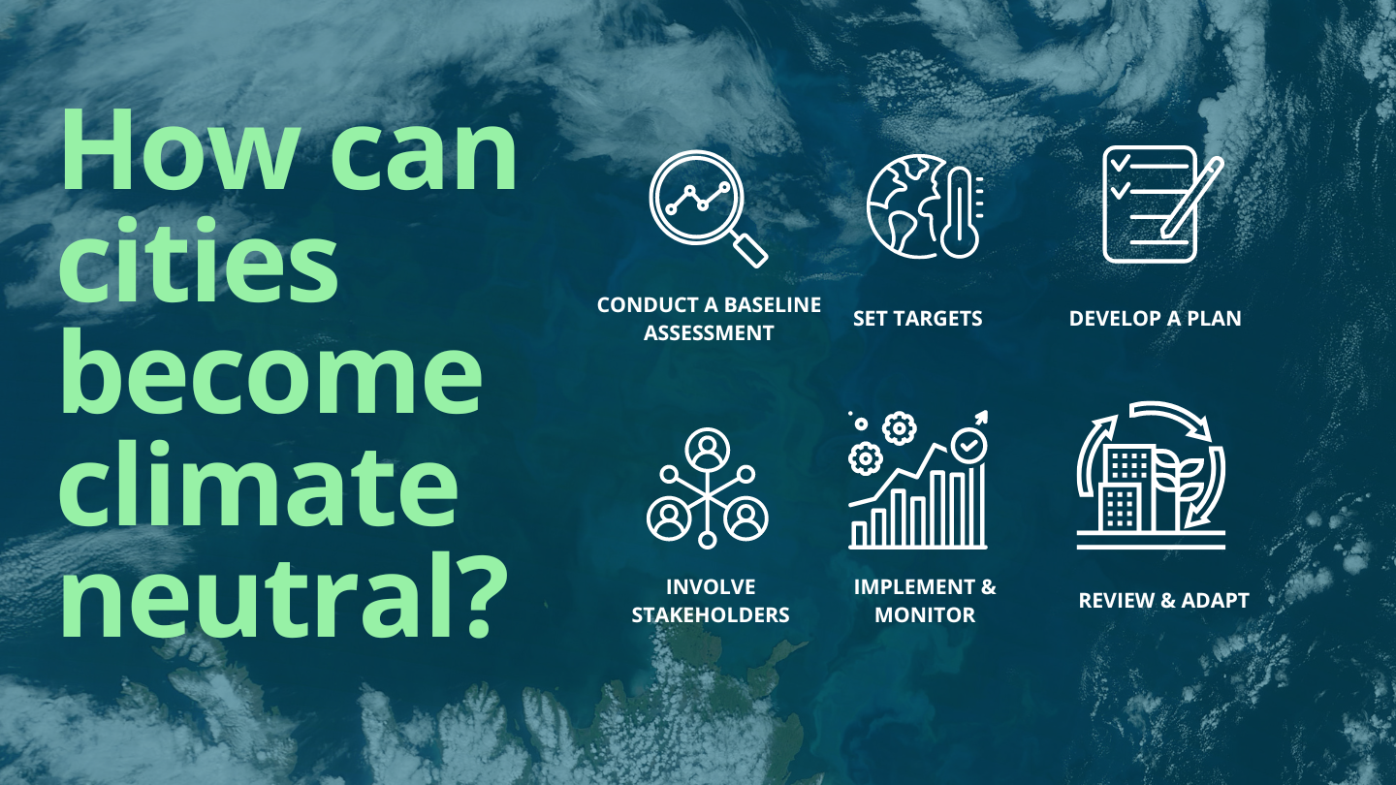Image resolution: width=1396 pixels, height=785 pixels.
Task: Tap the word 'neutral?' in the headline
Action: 284,593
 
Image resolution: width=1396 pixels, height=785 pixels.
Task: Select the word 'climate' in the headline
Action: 258,483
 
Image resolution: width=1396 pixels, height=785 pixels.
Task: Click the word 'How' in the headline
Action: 177,149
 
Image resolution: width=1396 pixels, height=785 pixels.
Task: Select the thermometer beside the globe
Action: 961,212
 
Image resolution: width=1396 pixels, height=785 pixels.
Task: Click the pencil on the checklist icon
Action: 1191,197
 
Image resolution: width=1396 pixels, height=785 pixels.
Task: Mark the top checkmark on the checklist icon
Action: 1120,163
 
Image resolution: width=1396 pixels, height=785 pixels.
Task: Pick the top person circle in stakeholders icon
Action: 708,449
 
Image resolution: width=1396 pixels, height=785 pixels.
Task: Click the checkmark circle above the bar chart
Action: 968,446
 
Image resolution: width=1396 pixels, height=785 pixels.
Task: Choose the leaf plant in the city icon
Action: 1179,481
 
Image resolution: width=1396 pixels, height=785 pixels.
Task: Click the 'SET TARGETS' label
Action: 917,318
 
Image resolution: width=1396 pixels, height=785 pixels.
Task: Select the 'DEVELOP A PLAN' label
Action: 1155,318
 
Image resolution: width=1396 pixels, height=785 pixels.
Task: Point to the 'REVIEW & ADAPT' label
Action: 1163,600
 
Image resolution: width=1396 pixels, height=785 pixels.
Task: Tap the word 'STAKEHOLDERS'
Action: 711,614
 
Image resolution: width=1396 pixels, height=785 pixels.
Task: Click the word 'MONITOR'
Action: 925,614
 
